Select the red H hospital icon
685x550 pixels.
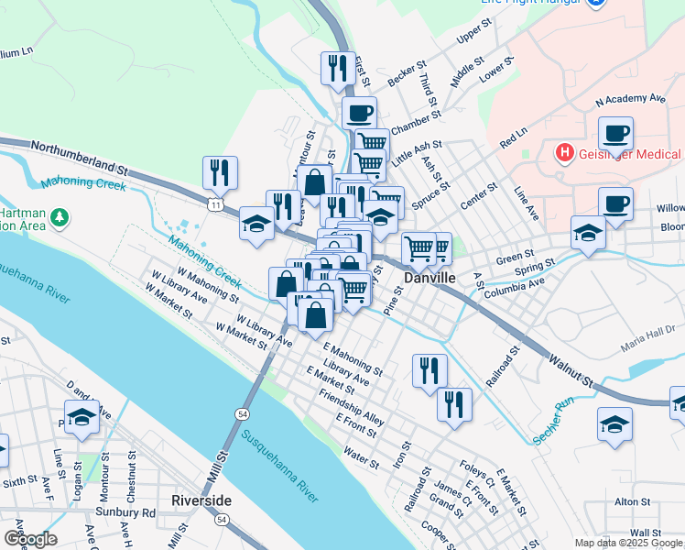tap(565, 152)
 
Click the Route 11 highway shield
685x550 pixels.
tap(214, 204)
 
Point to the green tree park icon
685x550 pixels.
tap(60, 217)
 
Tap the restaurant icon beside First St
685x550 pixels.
tap(338, 68)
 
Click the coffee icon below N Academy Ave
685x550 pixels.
tap(615, 133)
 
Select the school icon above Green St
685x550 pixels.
tap(587, 232)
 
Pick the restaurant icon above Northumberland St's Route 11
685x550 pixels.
tap(220, 170)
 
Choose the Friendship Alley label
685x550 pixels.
tap(351, 407)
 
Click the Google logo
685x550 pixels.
tap(30, 539)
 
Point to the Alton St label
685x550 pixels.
tap(632, 501)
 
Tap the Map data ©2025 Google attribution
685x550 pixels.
tap(627, 543)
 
